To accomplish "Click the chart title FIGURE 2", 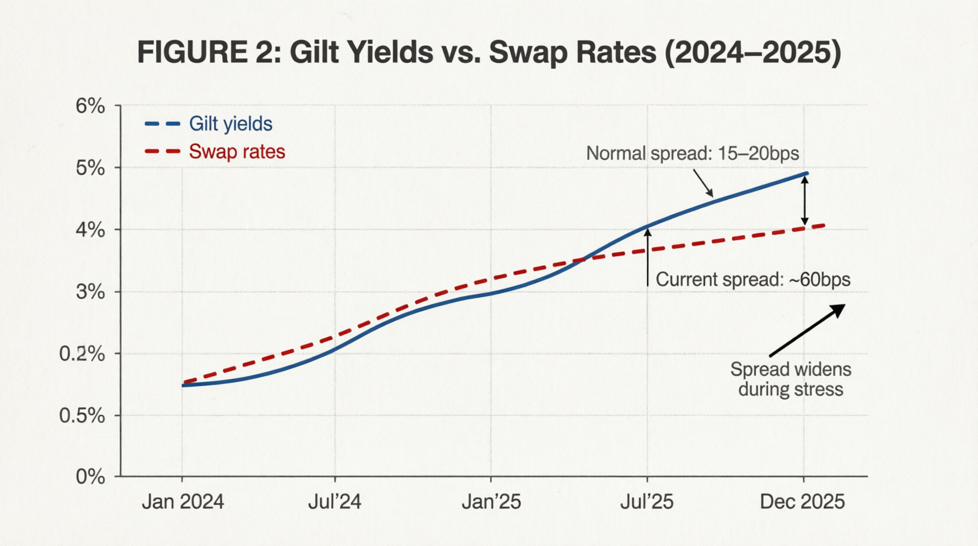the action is (489, 52).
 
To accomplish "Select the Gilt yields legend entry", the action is (209, 124).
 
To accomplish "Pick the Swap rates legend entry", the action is (215, 152).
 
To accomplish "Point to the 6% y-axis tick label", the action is (91, 106).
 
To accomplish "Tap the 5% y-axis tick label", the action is (91, 168).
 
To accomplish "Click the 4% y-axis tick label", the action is (91, 230).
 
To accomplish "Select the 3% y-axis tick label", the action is (91, 292).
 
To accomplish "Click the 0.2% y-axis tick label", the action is (82, 354).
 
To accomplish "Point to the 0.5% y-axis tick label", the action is (82, 416).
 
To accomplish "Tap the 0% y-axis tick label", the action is (91, 477).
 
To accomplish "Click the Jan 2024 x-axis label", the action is (183, 501).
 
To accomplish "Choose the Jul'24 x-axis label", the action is (335, 501).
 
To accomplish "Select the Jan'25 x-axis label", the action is (491, 501).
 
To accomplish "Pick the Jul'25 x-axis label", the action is (647, 501).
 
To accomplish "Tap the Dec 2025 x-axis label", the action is (802, 501).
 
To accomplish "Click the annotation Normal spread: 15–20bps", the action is (692, 154).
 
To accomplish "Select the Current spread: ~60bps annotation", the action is (753, 279).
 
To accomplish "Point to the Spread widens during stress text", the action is (791, 379).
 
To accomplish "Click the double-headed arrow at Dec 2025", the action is (805, 200).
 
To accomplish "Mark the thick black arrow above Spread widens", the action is (808, 331).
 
